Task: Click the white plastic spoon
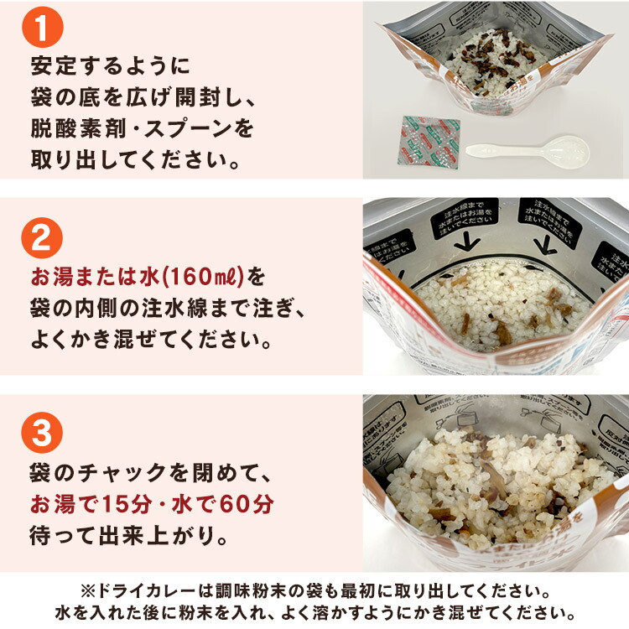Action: coord(528,151)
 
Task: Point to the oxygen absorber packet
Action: coord(430,142)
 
